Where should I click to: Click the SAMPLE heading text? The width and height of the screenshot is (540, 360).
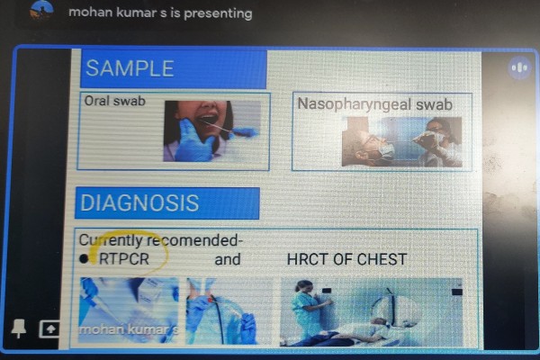coord(130,68)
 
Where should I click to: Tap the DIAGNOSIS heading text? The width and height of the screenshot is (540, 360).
coord(139,202)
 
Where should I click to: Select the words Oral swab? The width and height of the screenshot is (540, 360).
coord(115,101)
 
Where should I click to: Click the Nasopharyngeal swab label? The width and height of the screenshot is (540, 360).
coord(374,104)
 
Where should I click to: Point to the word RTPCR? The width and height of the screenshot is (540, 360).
coord(124,259)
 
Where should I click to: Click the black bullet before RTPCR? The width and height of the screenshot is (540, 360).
coord(84,259)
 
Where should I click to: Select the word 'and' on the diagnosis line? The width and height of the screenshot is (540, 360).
coord(228,259)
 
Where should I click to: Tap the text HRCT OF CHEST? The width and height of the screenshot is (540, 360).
coord(346,259)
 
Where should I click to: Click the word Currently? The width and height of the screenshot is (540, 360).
coord(111,240)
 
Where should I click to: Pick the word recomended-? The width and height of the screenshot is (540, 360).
coord(194,240)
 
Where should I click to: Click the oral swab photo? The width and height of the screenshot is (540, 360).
coord(211,130)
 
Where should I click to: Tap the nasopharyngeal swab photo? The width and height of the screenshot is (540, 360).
coord(401,141)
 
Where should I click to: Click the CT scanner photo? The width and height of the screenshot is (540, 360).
coord(371,311)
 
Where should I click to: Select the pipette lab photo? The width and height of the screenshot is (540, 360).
coord(129,310)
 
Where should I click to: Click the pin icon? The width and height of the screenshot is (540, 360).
coord(19,328)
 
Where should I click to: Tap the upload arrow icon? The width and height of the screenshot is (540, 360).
coord(49,329)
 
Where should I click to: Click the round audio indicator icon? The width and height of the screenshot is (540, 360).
coord(519,67)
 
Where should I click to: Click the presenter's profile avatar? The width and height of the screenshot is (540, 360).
coord(41,10)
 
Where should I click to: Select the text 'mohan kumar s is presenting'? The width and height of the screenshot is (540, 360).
coord(160,13)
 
